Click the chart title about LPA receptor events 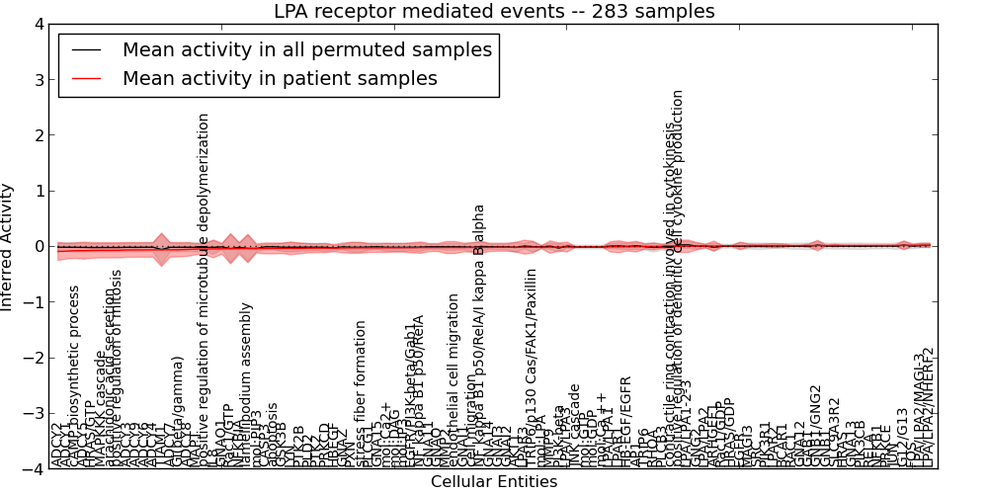pos(494,11)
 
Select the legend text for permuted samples pos(306,48)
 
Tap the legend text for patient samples pos(280,78)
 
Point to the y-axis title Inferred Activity pos(8,247)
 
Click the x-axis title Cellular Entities pos(494,482)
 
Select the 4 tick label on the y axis pos(38,25)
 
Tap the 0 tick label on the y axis pos(38,247)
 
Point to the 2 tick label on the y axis pos(38,135)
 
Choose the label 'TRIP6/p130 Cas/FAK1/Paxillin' pos(531,368)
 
